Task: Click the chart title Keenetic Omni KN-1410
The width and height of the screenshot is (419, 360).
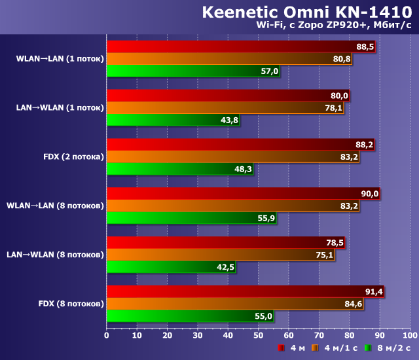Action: (307, 12)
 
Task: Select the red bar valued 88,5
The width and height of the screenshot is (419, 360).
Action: (240, 46)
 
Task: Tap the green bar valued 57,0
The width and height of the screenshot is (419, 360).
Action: (193, 71)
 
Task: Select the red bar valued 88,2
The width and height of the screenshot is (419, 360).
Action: (240, 145)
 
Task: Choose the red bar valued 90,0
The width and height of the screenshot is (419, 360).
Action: (243, 194)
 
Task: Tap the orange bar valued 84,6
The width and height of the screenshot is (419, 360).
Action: (235, 304)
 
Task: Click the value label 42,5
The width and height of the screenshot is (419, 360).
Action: (226, 267)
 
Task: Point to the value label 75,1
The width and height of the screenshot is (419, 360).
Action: (325, 255)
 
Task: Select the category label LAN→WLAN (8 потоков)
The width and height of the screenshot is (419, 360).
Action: (55, 255)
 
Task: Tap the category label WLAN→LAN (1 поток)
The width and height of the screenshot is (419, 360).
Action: (60, 59)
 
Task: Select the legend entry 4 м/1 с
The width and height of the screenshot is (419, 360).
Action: (338, 348)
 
